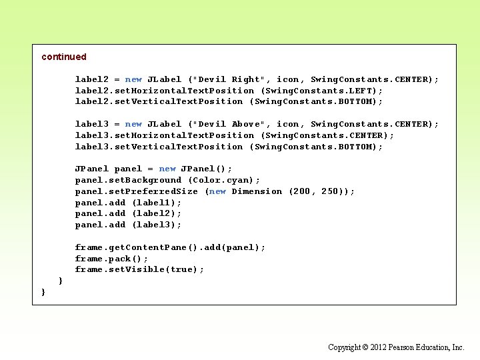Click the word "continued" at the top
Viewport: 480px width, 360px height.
[64, 57]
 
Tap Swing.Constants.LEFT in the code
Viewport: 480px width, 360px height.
[321, 91]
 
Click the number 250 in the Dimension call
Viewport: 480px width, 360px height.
[330, 191]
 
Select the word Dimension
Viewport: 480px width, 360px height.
[257, 191]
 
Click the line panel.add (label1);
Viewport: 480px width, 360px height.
[128, 203]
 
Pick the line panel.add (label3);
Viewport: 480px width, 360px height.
[128, 225]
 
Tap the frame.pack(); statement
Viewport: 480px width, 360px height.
[111, 259]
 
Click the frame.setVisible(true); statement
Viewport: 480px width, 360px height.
[139, 269]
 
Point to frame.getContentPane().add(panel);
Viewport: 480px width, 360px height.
[170, 247]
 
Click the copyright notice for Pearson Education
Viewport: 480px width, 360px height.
[396, 347]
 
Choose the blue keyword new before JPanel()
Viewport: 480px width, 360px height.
[167, 169]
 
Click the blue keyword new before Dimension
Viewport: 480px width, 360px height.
[217, 191]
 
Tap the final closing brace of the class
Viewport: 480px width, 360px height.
[43, 292]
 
